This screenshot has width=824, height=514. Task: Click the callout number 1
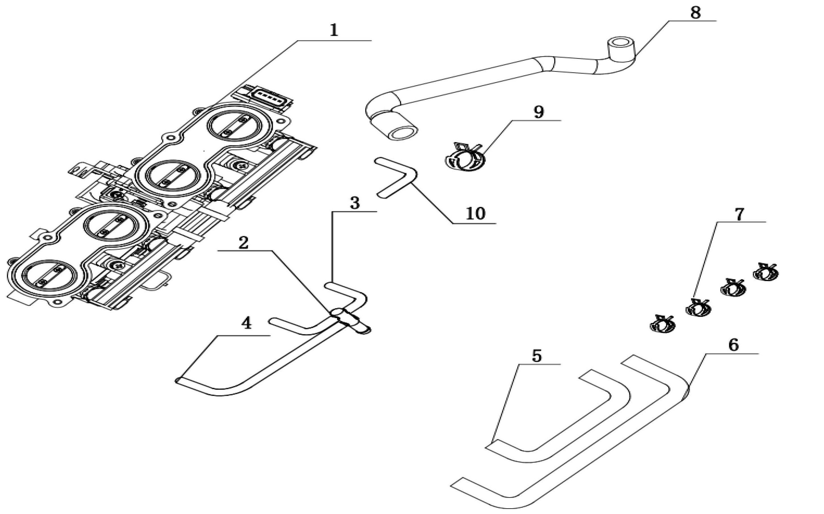coord(334,31)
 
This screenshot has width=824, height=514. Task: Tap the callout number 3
coord(355,203)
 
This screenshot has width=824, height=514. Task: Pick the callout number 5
coord(537,356)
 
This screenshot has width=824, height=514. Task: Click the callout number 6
coord(734,345)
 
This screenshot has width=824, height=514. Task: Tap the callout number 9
coord(539,112)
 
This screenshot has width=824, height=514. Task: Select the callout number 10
coord(475,214)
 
